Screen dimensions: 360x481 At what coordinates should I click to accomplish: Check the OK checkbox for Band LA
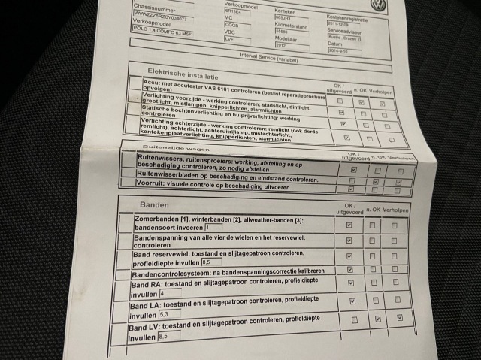pos(352,301)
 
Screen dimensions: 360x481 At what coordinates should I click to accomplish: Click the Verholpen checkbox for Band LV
pos(399,318)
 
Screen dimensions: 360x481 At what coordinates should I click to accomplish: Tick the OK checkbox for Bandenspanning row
pos(349,241)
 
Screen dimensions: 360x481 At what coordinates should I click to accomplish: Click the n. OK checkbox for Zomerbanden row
pos(372,225)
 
